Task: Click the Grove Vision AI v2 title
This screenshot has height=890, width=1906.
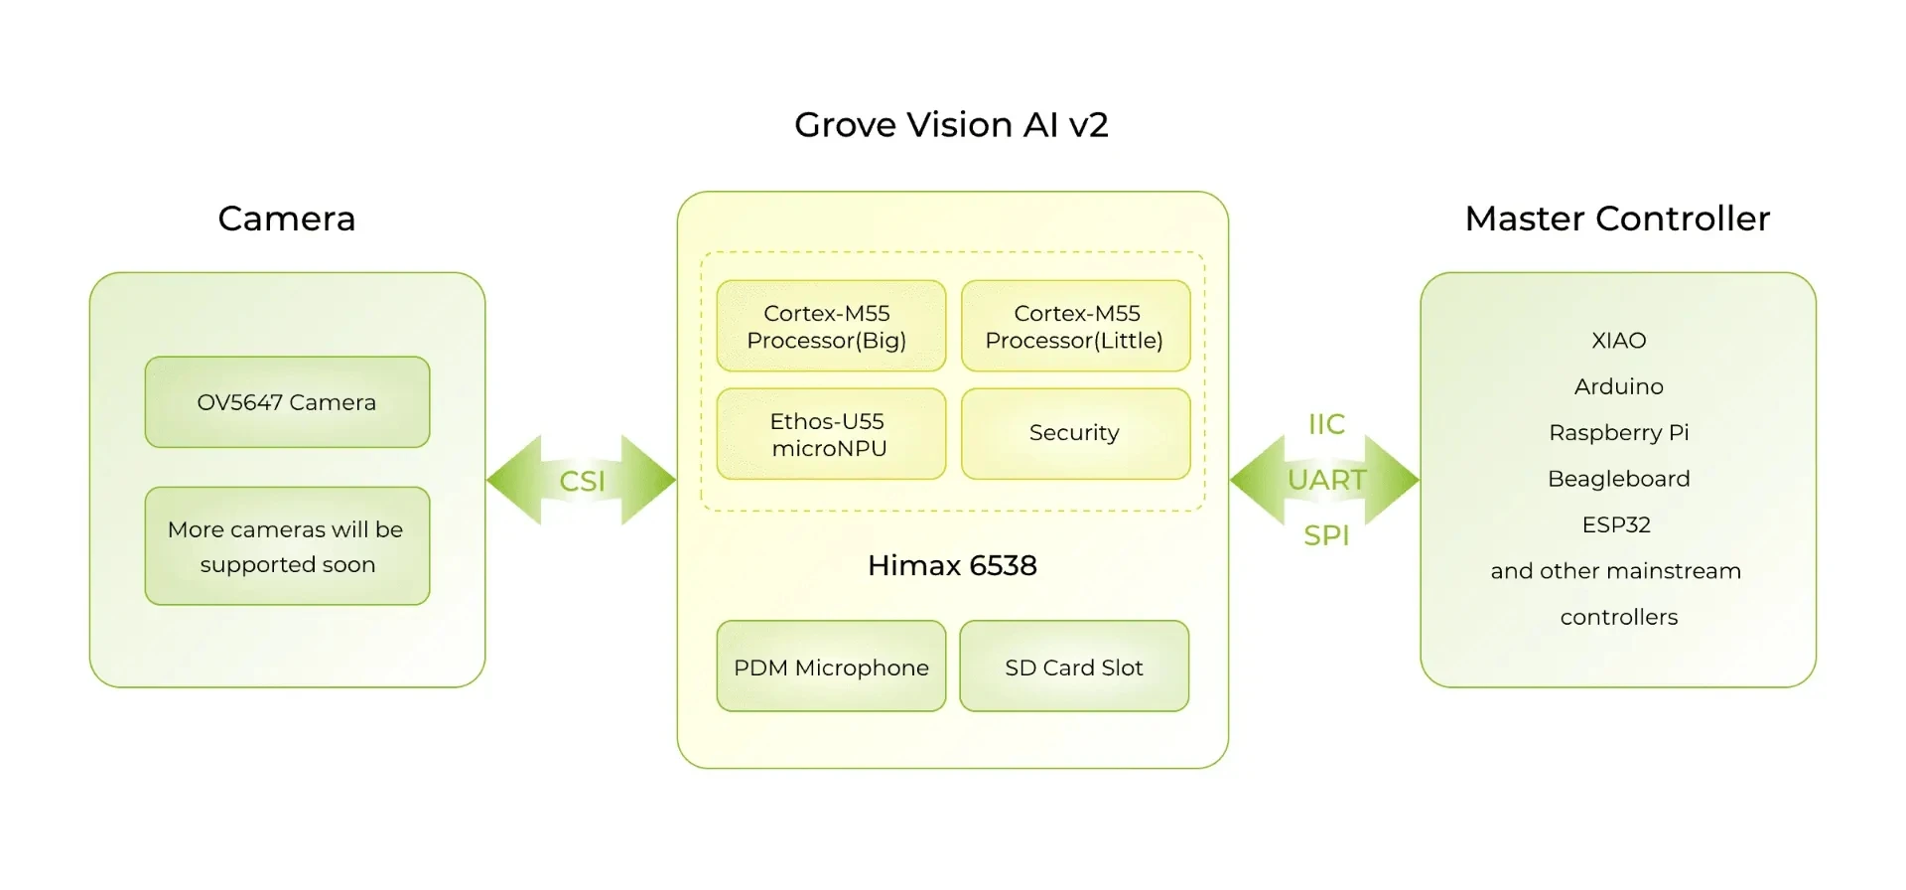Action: tap(951, 125)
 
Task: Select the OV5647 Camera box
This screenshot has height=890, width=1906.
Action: tap(287, 402)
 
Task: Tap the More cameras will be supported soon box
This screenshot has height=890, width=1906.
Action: tap(287, 546)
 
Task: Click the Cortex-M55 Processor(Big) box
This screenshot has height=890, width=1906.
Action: tap(831, 326)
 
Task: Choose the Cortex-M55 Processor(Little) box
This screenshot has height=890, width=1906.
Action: tap(1075, 326)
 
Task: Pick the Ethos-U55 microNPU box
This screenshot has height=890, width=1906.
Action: tap(831, 434)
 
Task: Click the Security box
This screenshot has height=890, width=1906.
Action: tap(1075, 434)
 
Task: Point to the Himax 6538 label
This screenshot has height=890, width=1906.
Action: tap(952, 565)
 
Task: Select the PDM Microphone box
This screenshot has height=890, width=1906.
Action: tap(831, 667)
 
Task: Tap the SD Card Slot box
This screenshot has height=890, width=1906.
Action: tap(1074, 667)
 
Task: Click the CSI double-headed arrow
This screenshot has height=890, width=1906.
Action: tap(582, 481)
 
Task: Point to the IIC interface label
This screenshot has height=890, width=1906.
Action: tap(1326, 424)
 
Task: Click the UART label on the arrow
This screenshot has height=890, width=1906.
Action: tap(1326, 480)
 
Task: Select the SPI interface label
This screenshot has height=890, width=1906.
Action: tap(1326, 535)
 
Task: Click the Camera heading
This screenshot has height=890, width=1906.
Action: tap(287, 219)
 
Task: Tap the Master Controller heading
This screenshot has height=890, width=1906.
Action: tap(1617, 219)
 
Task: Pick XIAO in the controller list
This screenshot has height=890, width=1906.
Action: tap(1618, 341)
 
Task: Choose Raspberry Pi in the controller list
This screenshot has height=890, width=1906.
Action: tap(1618, 433)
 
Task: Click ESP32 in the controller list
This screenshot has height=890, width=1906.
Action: tap(1616, 524)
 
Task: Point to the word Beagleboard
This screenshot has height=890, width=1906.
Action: tap(1618, 479)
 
